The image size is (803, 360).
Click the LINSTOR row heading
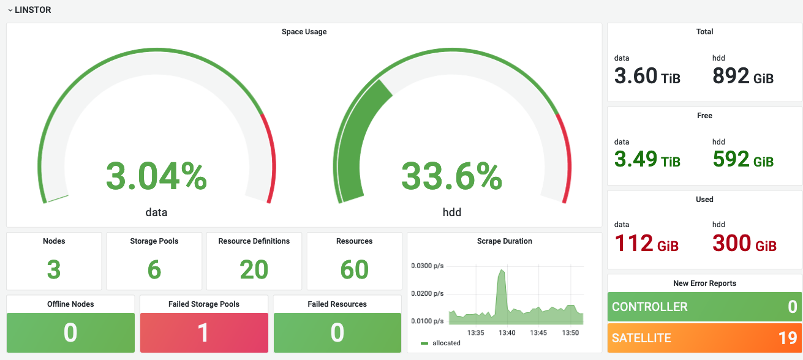tap(33, 10)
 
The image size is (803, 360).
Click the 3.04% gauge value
tap(156, 176)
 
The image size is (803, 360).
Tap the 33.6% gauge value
tap(451, 176)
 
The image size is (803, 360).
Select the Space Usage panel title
tap(304, 32)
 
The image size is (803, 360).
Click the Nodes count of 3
tap(54, 269)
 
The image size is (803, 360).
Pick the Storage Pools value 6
tap(154, 269)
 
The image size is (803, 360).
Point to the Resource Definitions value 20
tap(254, 269)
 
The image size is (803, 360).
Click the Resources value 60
tap(354, 269)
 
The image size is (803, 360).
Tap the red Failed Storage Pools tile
tap(204, 332)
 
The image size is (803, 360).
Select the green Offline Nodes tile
tap(70, 332)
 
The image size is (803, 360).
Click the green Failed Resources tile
tap(337, 332)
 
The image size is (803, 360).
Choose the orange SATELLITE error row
tap(704, 338)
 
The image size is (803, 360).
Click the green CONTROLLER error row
tap(704, 307)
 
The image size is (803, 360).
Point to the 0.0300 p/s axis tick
tap(427, 266)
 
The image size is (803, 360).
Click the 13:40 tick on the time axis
tap(507, 332)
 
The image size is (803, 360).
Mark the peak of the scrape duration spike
tap(502, 269)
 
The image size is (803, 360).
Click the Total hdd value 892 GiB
tap(743, 76)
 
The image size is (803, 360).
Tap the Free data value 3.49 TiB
tap(647, 159)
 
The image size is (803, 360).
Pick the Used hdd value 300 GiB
tap(744, 244)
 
